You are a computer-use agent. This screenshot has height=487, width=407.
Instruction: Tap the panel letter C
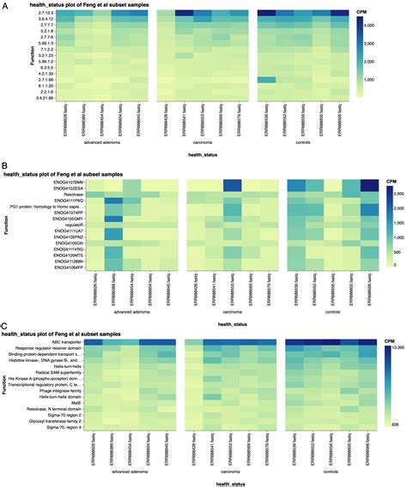pyautogui.click(x=5, y=326)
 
